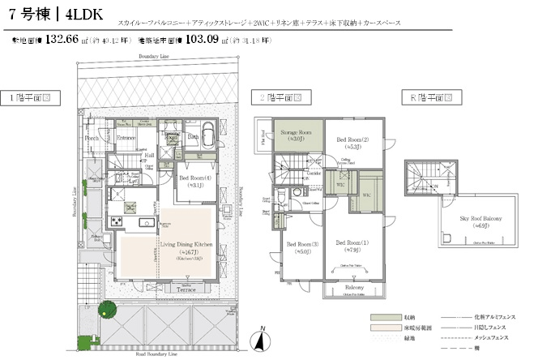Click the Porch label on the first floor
92,139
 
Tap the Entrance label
126,139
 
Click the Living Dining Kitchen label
186,243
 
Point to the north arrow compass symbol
261,336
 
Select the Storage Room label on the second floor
296,131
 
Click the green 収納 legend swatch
381,317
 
